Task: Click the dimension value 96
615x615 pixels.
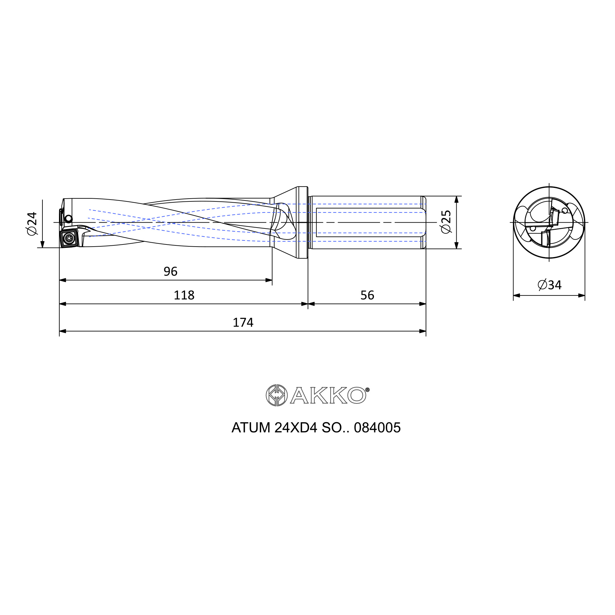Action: point(170,272)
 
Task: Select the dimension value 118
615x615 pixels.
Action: point(184,296)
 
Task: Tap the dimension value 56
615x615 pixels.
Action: point(367,296)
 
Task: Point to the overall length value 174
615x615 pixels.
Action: point(243,323)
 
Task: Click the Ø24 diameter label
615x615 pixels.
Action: point(32,224)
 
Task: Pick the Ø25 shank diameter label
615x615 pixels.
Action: point(446,222)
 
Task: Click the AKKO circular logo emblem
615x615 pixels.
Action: point(277,395)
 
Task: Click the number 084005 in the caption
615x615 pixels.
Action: point(377,428)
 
